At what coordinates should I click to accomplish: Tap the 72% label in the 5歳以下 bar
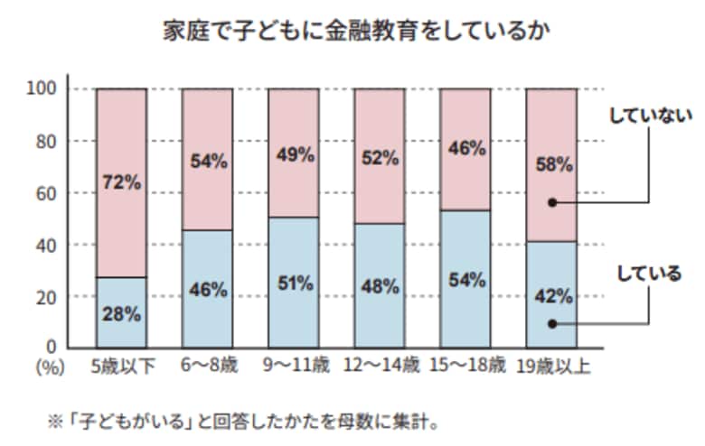pyautogui.click(x=121, y=182)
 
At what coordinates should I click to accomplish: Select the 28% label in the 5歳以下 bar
pyautogui.click(x=121, y=315)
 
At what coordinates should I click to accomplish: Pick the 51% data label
pyautogui.click(x=293, y=283)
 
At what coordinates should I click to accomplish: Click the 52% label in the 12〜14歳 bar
pyautogui.click(x=379, y=158)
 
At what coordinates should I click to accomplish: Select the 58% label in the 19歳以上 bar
pyautogui.click(x=550, y=165)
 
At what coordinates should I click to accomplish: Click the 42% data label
pyautogui.click(x=550, y=296)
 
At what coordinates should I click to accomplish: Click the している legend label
pyautogui.click(x=649, y=274)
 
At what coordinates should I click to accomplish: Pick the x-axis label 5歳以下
pyautogui.click(x=121, y=367)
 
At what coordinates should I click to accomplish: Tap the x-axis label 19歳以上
pyautogui.click(x=552, y=367)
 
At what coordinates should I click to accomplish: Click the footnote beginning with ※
pyautogui.click(x=245, y=421)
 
